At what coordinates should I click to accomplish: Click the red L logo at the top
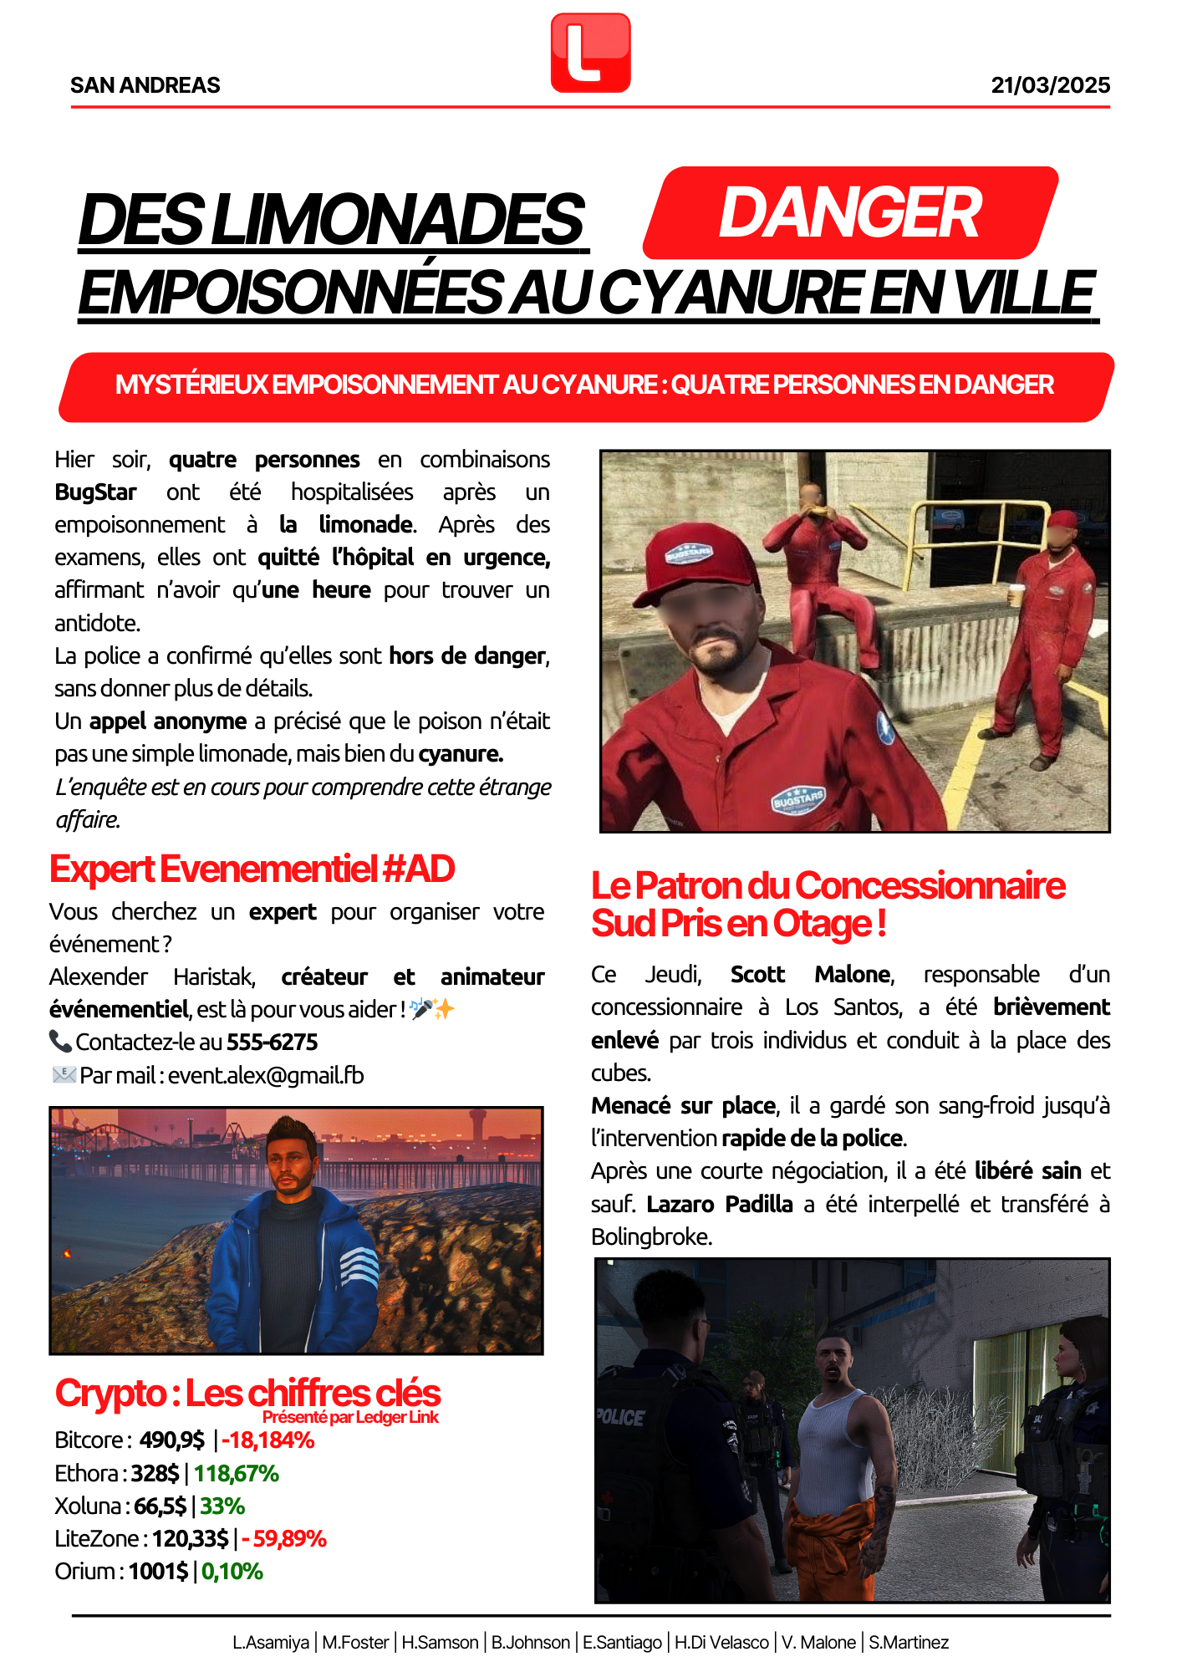coord(590,53)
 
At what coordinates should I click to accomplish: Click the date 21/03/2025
coord(1050,85)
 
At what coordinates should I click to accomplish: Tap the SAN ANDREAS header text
coord(145,85)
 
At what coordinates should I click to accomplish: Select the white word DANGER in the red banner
coord(849,213)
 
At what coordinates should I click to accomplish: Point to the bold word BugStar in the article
coord(95,492)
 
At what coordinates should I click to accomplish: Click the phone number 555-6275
coord(284,1042)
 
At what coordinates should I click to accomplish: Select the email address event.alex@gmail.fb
coord(266,1075)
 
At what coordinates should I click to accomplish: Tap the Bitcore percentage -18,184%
coord(268,1440)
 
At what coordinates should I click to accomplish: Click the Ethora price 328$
coord(155,1473)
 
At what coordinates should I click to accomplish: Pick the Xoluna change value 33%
coord(222,1506)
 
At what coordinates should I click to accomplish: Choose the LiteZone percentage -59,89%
coord(284,1539)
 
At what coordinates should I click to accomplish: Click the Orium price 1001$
coord(158,1572)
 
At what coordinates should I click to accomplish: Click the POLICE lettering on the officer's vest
coord(620,1417)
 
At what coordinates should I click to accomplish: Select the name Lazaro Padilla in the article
coord(720,1205)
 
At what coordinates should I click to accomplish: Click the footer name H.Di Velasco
coord(721,1643)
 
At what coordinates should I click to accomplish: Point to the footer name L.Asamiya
coord(271,1643)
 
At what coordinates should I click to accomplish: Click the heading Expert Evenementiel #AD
coord(252,869)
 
